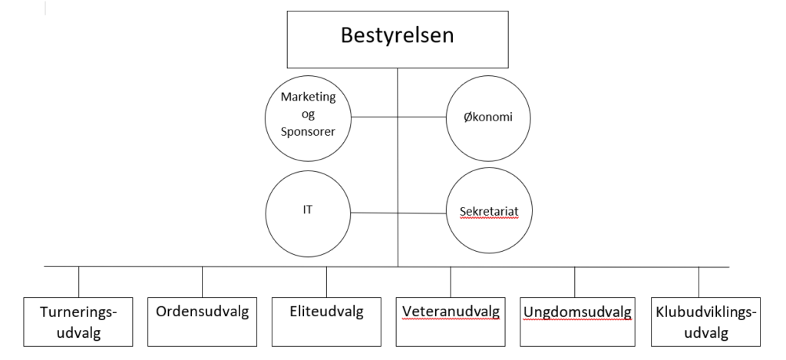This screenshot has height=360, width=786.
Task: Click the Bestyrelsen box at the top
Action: coord(398,39)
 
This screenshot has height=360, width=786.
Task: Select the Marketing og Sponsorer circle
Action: coord(308,118)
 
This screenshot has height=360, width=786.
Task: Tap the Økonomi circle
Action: coord(489,118)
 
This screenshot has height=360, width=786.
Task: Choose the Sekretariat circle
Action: coord(489,210)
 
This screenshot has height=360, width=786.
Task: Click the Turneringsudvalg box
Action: coord(78,322)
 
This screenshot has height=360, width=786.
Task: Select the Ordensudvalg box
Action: coord(202,322)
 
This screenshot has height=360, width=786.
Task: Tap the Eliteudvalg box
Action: coord(326,322)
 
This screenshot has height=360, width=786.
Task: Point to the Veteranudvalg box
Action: coord(451,322)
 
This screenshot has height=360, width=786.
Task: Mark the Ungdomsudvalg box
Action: coord(577,322)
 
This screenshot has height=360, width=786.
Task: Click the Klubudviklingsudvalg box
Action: coord(706,322)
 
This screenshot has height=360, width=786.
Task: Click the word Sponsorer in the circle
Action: coord(308,132)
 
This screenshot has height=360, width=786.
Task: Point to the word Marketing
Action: coord(308,97)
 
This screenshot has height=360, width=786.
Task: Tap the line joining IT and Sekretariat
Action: coord(398,213)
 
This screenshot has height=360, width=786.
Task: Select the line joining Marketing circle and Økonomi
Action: coord(398,117)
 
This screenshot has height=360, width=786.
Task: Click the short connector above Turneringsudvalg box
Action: coord(79,282)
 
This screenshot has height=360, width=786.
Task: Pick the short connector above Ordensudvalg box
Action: coord(203,282)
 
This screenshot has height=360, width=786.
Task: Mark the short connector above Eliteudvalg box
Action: coord(326,282)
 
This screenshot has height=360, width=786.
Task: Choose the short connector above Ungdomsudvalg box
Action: coord(574,282)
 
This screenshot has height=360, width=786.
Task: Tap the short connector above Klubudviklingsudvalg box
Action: coord(698,282)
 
